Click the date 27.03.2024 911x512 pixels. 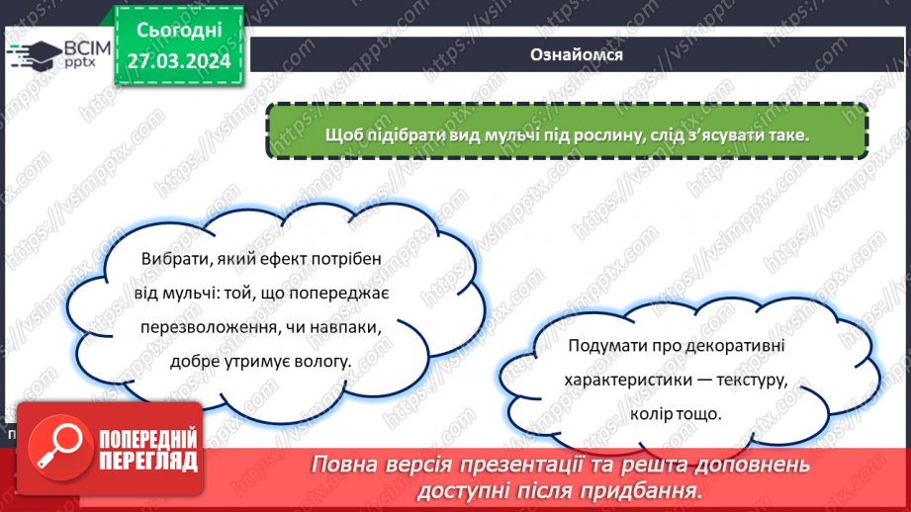pyautogui.click(x=179, y=61)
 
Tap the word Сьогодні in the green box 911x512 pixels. pyautogui.click(x=179, y=33)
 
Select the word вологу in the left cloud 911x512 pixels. pyautogui.click(x=325, y=362)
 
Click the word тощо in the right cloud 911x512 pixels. pyautogui.click(x=699, y=414)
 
